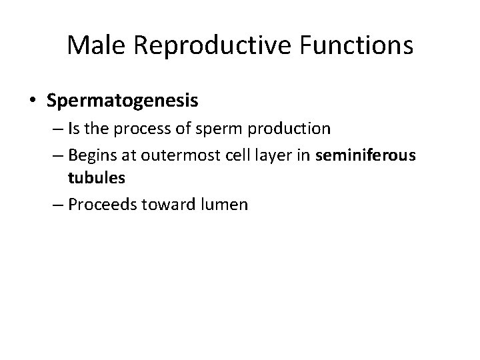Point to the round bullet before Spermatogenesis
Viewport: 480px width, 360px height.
(33, 101)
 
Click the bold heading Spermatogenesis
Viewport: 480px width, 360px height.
(123, 101)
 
